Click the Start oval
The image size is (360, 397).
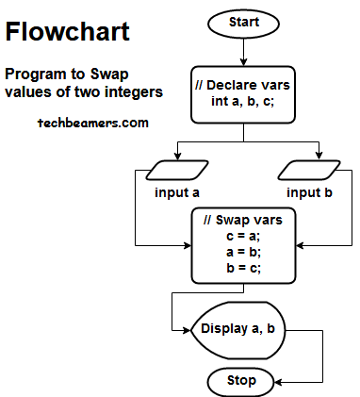point(244,23)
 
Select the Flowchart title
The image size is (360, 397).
point(68,31)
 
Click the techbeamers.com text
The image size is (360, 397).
point(92,123)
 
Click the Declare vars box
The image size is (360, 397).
point(244,94)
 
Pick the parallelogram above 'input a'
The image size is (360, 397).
point(177,171)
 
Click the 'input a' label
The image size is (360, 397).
point(177,193)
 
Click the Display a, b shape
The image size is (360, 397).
point(238,329)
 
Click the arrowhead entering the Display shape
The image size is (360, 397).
point(187,329)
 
